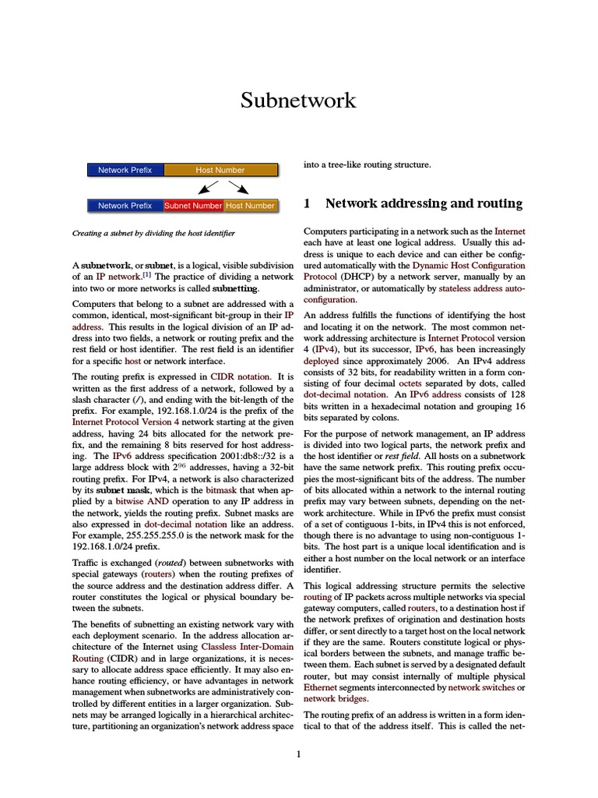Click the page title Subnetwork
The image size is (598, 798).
298,101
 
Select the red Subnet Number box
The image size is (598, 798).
193,206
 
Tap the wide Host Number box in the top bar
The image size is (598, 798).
220,170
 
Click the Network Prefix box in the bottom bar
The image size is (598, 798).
125,206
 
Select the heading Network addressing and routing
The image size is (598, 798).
424,204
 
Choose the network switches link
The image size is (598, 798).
481,689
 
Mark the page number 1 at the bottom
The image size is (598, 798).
298,754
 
